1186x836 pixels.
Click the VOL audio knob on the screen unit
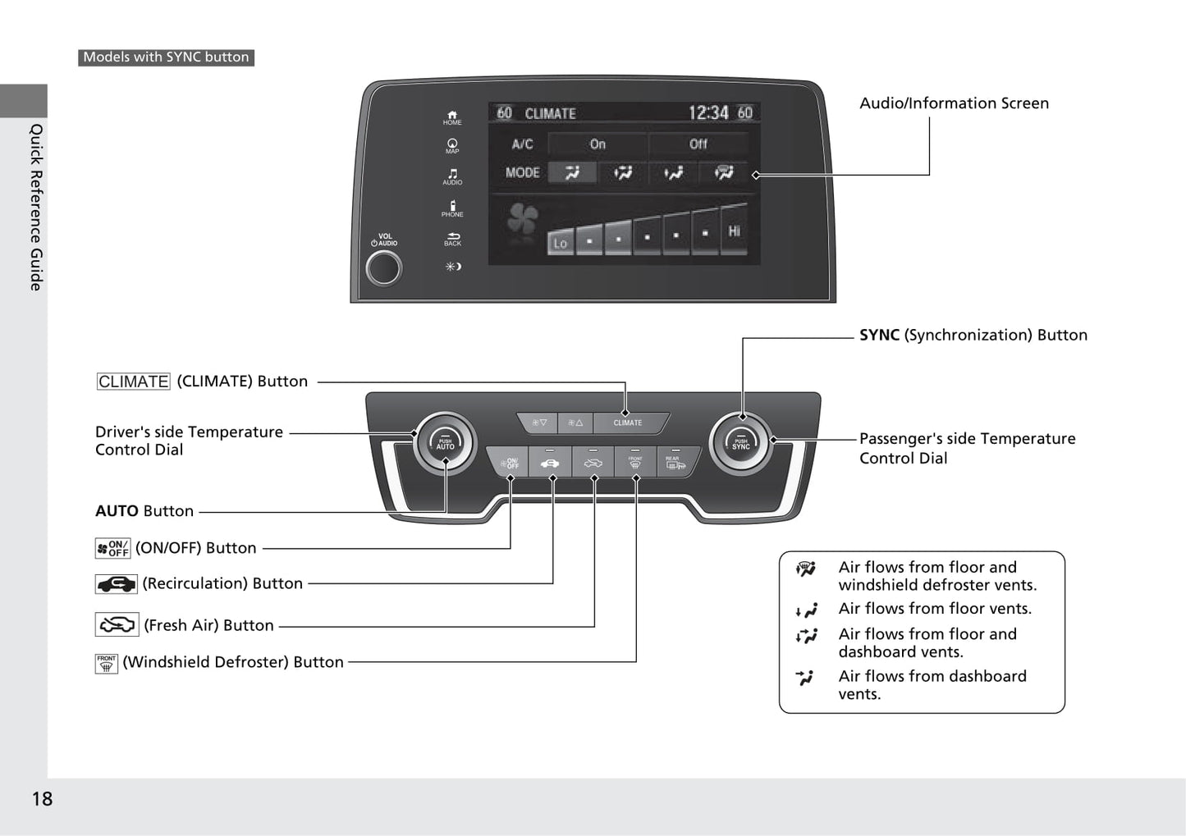click(383, 267)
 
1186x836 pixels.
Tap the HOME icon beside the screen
click(452, 117)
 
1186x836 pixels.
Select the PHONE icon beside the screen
click(452, 208)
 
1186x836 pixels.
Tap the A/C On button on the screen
click(598, 144)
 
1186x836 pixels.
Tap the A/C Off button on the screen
click(698, 144)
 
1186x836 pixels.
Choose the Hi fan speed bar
click(734, 231)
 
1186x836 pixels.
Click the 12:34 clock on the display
click(707, 112)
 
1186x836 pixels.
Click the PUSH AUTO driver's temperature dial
click(445, 444)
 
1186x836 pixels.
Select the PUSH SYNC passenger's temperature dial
click(741, 444)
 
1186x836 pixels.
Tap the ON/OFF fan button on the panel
click(509, 464)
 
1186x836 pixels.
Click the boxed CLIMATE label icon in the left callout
click(133, 381)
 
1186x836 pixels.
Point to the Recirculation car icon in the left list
click(116, 584)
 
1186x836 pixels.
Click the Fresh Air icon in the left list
click(117, 625)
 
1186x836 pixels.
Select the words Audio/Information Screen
click(954, 103)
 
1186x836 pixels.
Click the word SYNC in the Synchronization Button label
click(879, 335)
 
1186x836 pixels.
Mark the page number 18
click(42, 799)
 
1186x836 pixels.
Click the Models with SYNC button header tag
click(166, 57)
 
